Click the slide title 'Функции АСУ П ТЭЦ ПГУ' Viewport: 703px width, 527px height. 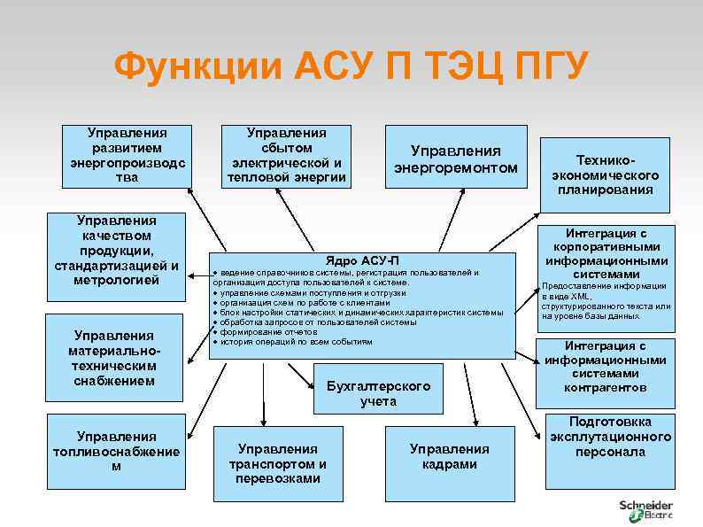point(351,67)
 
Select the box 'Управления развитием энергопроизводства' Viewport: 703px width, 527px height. point(127,155)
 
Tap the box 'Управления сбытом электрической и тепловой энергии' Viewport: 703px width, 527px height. point(286,155)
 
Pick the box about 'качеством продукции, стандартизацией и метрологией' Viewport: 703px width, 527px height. point(116,250)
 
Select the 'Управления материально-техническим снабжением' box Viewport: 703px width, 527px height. point(116,358)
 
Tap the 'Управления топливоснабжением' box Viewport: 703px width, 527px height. point(116,451)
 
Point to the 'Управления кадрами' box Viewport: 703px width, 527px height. point(450,456)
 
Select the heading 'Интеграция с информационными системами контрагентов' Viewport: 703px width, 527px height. point(606,367)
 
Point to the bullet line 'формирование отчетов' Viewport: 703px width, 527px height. point(265,332)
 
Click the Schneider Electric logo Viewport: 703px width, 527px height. point(645,509)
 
